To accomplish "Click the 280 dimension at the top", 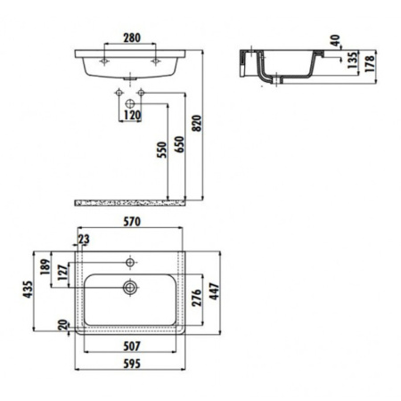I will tap(130, 37).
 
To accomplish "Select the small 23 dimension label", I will tap(83, 239).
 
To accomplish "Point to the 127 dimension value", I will tap(61, 273).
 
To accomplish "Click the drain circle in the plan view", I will tap(130, 288).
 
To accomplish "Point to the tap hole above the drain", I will tap(131, 263).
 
